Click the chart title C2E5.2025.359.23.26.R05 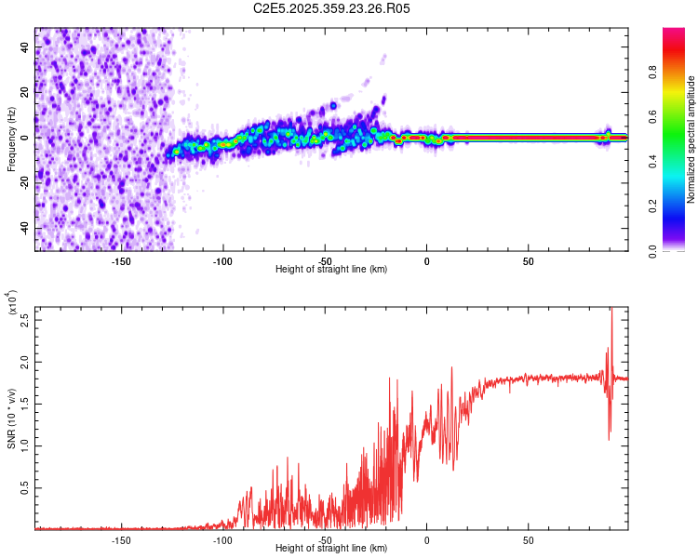point(331,8)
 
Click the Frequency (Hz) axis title point(10,139)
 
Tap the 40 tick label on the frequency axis point(25,46)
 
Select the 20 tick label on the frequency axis point(25,92)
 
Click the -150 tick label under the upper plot point(120,260)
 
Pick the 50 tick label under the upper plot point(528,260)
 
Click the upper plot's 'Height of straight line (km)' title point(331,270)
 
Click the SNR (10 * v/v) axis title point(10,418)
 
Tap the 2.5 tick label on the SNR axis point(24,320)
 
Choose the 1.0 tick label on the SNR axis point(24,445)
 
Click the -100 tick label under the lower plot point(221,539)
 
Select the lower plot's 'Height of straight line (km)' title point(331,549)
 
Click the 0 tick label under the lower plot point(426,539)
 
